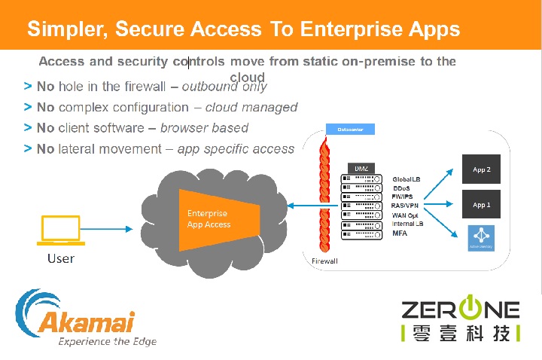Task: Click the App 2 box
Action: coord(481,170)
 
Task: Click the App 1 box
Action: coord(481,205)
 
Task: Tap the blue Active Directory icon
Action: coord(481,236)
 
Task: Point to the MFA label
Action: coord(400,233)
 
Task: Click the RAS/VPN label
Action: coord(405,206)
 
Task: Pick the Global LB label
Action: coord(406,179)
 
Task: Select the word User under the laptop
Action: coord(61,258)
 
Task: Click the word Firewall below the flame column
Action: coord(324,261)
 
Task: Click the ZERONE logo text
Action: coord(460,310)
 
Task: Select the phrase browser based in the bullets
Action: coord(204,128)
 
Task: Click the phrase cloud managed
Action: coord(251,108)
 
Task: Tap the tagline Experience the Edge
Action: coord(108,341)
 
